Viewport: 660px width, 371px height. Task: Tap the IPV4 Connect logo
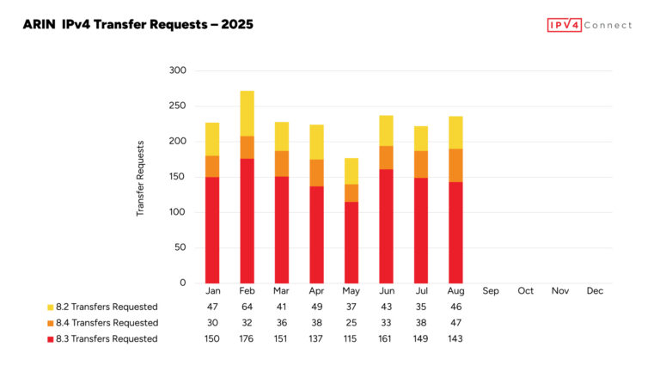coord(589,25)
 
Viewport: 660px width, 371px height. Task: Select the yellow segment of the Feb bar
coord(247,113)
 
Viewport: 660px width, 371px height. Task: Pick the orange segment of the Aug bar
coord(456,165)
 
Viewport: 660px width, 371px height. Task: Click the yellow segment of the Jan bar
coord(211,139)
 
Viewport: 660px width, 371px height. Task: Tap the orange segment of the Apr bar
coord(316,173)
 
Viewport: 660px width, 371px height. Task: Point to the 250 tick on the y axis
coord(177,106)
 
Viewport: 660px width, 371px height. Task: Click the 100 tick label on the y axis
coord(177,212)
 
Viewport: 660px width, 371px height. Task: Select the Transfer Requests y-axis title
coord(141,178)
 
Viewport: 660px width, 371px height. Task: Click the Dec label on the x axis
coord(595,291)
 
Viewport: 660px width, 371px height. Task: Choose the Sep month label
coord(491,291)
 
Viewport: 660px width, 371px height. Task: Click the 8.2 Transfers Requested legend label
coord(107,307)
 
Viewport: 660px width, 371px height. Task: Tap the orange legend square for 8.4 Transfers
coord(50,323)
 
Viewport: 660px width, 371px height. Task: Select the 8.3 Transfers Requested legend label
coord(107,338)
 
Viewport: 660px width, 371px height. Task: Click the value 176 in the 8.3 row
coord(247,338)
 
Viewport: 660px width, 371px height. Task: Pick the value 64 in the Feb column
coord(247,307)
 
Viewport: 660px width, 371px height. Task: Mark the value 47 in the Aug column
coord(456,323)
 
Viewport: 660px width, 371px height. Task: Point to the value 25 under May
coord(351,323)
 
